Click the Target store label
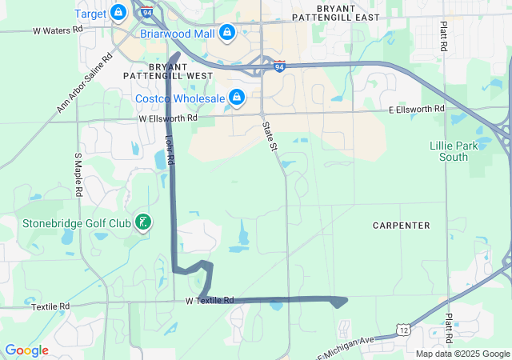tap(90, 14)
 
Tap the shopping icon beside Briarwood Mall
tap(227, 32)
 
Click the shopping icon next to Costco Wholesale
tap(236, 98)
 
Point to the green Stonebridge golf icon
tap(143, 222)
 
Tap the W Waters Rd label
tap(58, 30)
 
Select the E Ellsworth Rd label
tap(416, 109)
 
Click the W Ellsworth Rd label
tap(167, 118)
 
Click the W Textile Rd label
tap(209, 301)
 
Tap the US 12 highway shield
tap(405, 330)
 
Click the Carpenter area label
tap(402, 226)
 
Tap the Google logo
tap(26, 350)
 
